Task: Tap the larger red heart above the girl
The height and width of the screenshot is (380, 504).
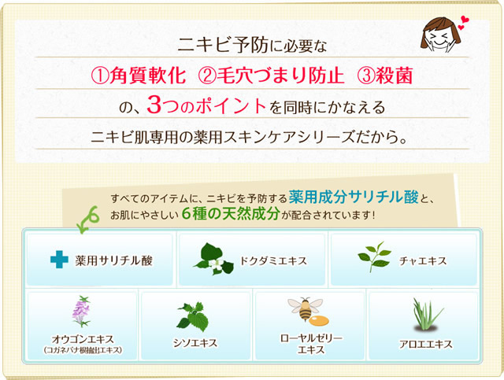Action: coord(465,19)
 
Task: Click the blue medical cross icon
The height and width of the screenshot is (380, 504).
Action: coord(59,259)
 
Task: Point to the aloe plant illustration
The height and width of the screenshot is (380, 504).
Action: coord(427,315)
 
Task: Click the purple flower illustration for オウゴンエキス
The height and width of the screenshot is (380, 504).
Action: coord(81,312)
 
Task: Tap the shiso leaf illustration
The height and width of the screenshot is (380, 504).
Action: coord(193,317)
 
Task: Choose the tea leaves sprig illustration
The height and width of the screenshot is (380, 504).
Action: coord(375,256)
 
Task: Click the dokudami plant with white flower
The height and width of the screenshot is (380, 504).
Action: coord(213,259)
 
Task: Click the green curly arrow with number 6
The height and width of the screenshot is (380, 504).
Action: coord(87,220)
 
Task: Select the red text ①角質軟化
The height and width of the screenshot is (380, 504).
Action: coord(139,76)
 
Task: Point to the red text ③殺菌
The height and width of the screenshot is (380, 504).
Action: coord(385,76)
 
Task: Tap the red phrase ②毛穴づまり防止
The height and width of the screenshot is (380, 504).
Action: coord(271,76)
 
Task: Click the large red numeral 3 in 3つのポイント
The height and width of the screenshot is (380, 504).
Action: coord(154,105)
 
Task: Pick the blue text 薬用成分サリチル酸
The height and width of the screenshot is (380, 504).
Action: coord(354,197)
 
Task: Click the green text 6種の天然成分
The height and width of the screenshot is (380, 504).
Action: coord(231,214)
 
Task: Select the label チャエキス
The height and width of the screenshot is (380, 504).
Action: coord(423,261)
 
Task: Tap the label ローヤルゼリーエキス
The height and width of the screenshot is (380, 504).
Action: coord(311,344)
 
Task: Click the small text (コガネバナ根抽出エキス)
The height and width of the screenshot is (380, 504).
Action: coord(83,350)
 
